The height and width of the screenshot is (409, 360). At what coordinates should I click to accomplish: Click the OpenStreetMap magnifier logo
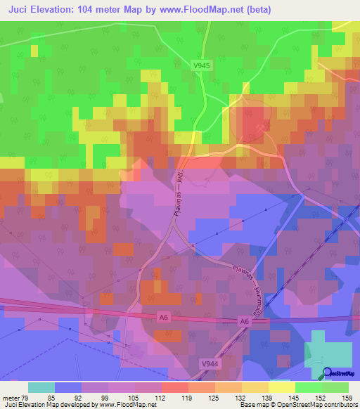(x=328, y=374)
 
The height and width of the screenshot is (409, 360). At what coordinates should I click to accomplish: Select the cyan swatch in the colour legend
(x=41, y=387)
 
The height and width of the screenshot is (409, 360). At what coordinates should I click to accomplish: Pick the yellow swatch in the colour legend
(x=281, y=387)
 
